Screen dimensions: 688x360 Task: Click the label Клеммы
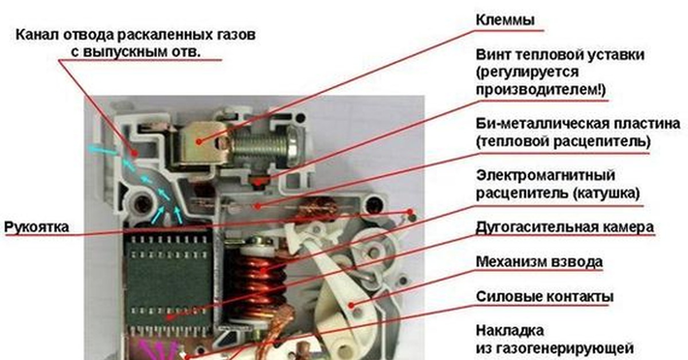(x=505, y=20)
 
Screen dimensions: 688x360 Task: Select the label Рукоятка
(x=37, y=228)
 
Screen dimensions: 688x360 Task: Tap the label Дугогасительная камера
(x=565, y=228)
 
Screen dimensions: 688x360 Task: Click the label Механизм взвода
(x=539, y=262)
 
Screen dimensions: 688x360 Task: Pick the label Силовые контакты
(x=545, y=297)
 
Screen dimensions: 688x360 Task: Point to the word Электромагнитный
(x=545, y=175)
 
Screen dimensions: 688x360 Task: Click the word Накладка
(x=510, y=331)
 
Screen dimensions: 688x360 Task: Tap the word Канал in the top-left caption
(x=37, y=35)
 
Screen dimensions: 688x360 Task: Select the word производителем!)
(x=541, y=90)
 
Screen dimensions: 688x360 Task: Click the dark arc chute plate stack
(x=169, y=283)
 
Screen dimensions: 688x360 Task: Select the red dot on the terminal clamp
(x=199, y=142)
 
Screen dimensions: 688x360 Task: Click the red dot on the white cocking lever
(x=351, y=305)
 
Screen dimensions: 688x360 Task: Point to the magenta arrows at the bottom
(x=160, y=350)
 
